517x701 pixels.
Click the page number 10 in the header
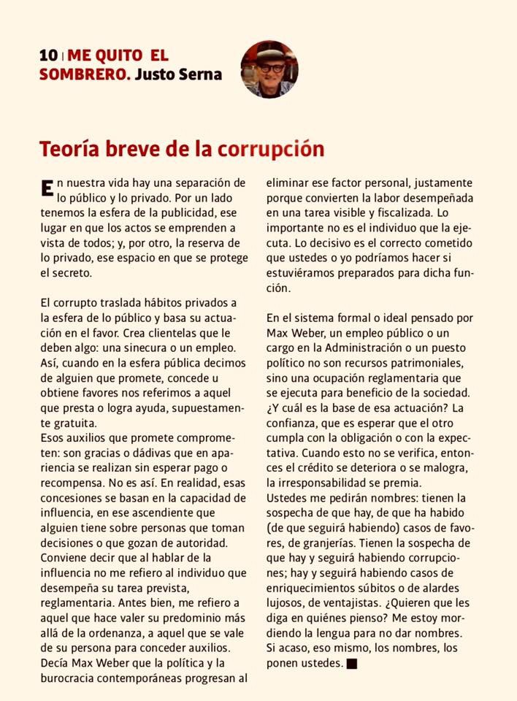click(x=48, y=55)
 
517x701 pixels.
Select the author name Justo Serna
click(x=178, y=74)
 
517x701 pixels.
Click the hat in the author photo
click(x=269, y=53)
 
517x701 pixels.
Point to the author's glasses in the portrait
click(x=272, y=69)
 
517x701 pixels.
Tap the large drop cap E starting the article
click(x=47, y=188)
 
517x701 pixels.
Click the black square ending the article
click(x=353, y=663)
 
